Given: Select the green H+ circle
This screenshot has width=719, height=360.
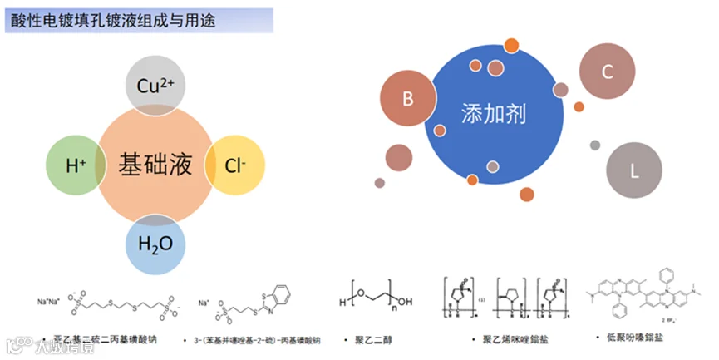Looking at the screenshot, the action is [76, 165].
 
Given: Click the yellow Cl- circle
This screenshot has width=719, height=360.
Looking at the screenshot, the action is [235, 165].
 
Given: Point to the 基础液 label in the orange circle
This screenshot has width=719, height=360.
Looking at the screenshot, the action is [155, 165].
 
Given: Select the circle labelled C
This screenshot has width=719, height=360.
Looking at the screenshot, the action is [608, 72].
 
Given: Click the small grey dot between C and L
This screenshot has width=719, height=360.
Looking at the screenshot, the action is [595, 145].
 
